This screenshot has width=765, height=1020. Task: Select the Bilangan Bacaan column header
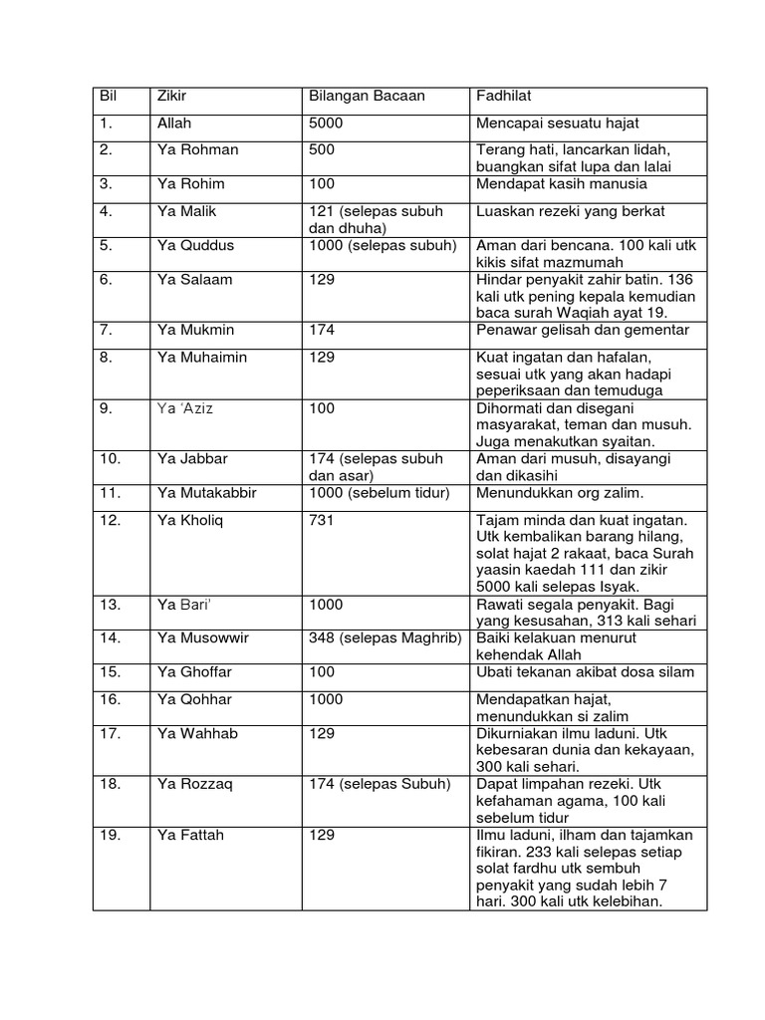367,97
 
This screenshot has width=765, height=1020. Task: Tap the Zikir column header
172,97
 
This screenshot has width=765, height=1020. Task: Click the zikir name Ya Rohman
197,149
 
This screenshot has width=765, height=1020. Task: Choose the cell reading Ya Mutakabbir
207,493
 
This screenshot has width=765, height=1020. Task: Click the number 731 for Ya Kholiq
322,520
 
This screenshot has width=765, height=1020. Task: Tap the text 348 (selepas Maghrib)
384,637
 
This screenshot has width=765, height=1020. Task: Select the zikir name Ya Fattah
190,835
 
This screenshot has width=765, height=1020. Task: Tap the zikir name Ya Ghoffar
194,672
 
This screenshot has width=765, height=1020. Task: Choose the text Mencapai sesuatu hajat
557,124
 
